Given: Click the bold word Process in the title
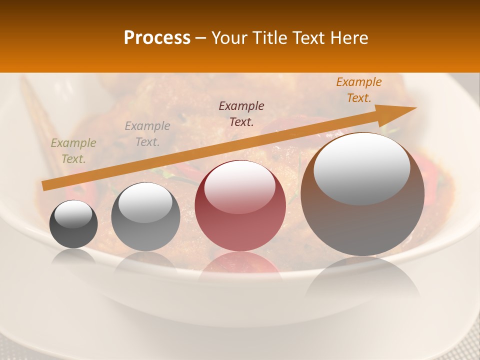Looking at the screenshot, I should click(157, 38).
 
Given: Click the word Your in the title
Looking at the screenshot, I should click(229, 38).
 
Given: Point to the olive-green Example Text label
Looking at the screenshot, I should click(73, 151).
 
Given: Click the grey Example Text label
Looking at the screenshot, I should click(147, 134).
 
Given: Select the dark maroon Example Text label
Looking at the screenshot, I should click(241, 113).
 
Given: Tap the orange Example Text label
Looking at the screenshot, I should click(359, 90).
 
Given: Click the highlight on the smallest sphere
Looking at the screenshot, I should click(73, 214).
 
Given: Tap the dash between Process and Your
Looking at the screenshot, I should click(201, 38).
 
